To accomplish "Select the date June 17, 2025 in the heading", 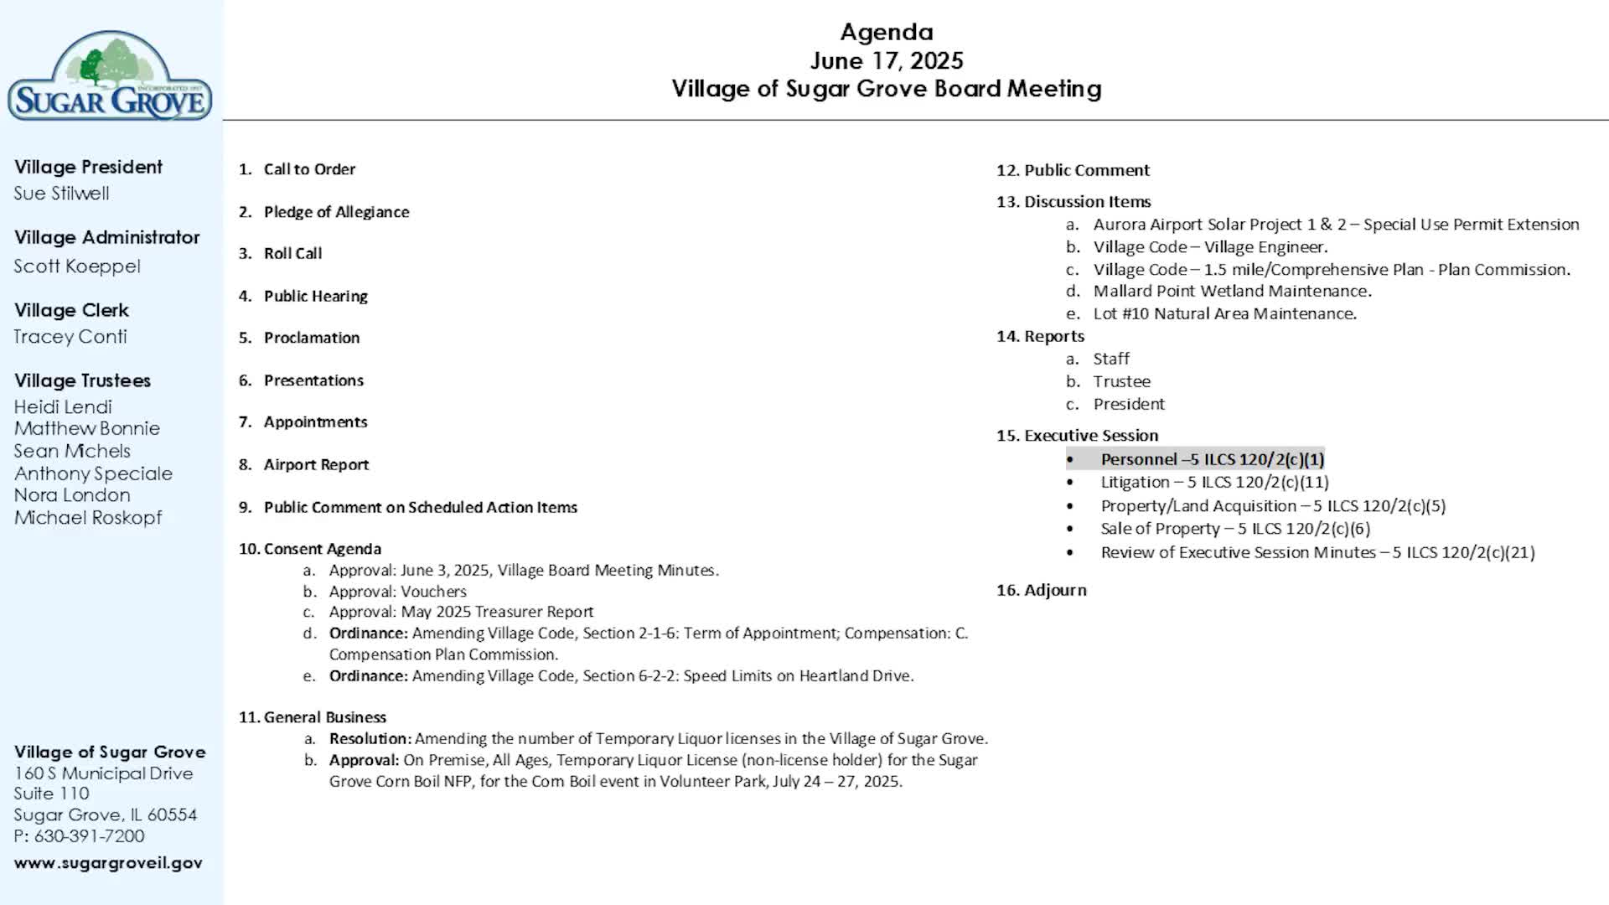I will (887, 60).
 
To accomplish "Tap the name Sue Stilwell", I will (61, 194).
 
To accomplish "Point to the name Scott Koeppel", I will (77, 266).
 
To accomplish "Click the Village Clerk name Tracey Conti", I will (70, 337).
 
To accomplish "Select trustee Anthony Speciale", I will (93, 473).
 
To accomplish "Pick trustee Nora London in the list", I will (72, 495).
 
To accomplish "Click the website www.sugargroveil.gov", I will (108, 863).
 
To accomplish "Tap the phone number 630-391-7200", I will (89, 836).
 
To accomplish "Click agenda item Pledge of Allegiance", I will (336, 212).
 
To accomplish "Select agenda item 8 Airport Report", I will (316, 464).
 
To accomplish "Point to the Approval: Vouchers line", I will (397, 591).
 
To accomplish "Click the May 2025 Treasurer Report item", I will (461, 612).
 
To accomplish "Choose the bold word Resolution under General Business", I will (370, 738).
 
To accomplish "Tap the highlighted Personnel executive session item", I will (1212, 459).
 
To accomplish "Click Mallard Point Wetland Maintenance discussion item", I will (1232, 291).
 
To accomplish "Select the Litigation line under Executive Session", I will (1214, 482).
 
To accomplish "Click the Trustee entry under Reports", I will (1121, 381).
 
